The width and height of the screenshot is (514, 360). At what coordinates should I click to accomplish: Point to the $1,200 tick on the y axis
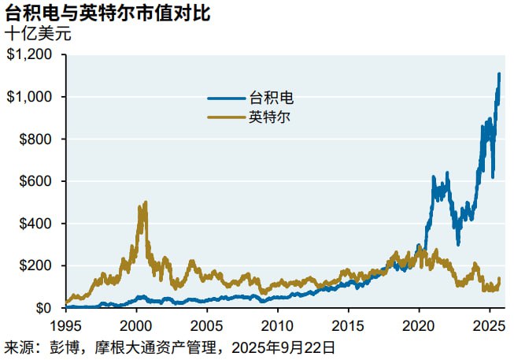pyautogui.click(x=31, y=55)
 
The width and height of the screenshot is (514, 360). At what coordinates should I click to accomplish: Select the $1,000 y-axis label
pyautogui.click(x=31, y=97)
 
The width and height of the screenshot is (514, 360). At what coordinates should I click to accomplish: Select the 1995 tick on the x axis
pyautogui.click(x=65, y=325)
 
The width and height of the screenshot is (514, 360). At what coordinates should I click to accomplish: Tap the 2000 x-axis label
pyautogui.click(x=136, y=325)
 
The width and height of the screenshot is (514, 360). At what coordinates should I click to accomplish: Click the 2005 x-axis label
pyautogui.click(x=207, y=325)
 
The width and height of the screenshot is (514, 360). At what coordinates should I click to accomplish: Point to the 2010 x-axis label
pyautogui.click(x=277, y=325)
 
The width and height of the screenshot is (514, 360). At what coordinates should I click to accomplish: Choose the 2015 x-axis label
pyautogui.click(x=348, y=325)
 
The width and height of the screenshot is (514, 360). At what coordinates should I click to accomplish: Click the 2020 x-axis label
pyautogui.click(x=419, y=325)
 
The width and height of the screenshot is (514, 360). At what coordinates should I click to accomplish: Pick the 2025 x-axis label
pyautogui.click(x=489, y=325)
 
